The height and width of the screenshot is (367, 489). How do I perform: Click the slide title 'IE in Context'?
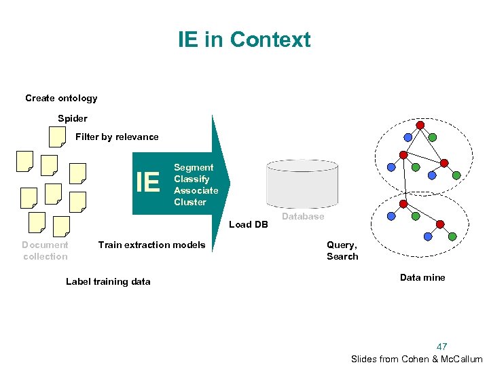(x=244, y=39)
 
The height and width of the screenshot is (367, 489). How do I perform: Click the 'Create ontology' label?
(x=61, y=98)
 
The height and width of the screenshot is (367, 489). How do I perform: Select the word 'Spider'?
(x=73, y=118)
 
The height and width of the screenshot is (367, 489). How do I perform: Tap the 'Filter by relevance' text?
(x=117, y=137)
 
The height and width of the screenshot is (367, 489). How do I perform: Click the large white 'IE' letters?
(x=148, y=182)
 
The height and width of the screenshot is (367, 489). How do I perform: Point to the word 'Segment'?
(x=194, y=167)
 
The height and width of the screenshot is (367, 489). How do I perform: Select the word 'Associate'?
(x=196, y=190)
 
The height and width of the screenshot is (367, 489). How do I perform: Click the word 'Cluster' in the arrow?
(x=190, y=202)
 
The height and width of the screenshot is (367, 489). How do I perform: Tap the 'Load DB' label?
(x=249, y=224)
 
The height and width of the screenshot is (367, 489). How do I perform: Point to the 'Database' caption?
(x=303, y=216)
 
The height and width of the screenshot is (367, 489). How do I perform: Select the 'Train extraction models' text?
(x=151, y=245)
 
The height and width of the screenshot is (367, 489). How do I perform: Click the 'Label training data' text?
(x=108, y=281)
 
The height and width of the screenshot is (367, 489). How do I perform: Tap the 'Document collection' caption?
(x=45, y=250)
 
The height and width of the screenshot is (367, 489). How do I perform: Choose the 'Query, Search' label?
(x=342, y=250)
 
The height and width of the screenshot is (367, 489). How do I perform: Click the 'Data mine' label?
(x=422, y=277)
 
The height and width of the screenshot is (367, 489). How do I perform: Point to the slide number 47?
(x=441, y=347)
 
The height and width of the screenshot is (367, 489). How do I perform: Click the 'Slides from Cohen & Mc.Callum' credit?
(x=416, y=359)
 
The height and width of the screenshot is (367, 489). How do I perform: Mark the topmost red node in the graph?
(x=420, y=125)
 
